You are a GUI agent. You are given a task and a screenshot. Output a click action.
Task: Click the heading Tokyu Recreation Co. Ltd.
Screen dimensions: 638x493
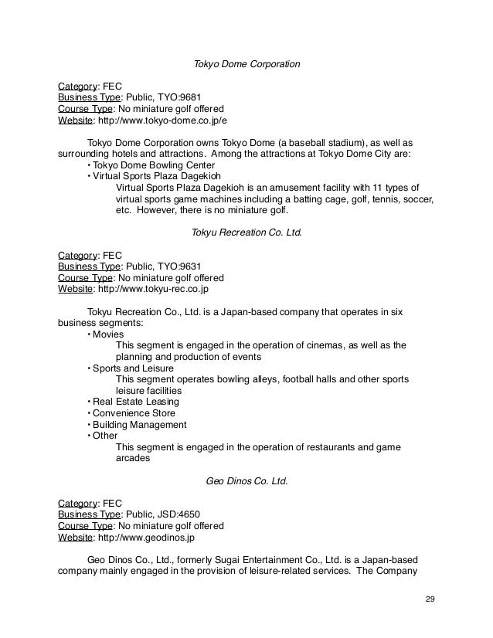click(246, 231)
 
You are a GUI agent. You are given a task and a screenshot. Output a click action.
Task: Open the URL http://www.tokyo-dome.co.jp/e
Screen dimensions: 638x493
click(161, 121)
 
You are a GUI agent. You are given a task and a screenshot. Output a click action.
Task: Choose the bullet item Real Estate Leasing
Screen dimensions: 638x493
click(135, 402)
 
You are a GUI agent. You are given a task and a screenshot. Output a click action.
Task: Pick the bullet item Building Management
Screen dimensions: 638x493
click(140, 424)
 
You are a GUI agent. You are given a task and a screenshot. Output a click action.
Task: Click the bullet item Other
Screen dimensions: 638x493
click(104, 435)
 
